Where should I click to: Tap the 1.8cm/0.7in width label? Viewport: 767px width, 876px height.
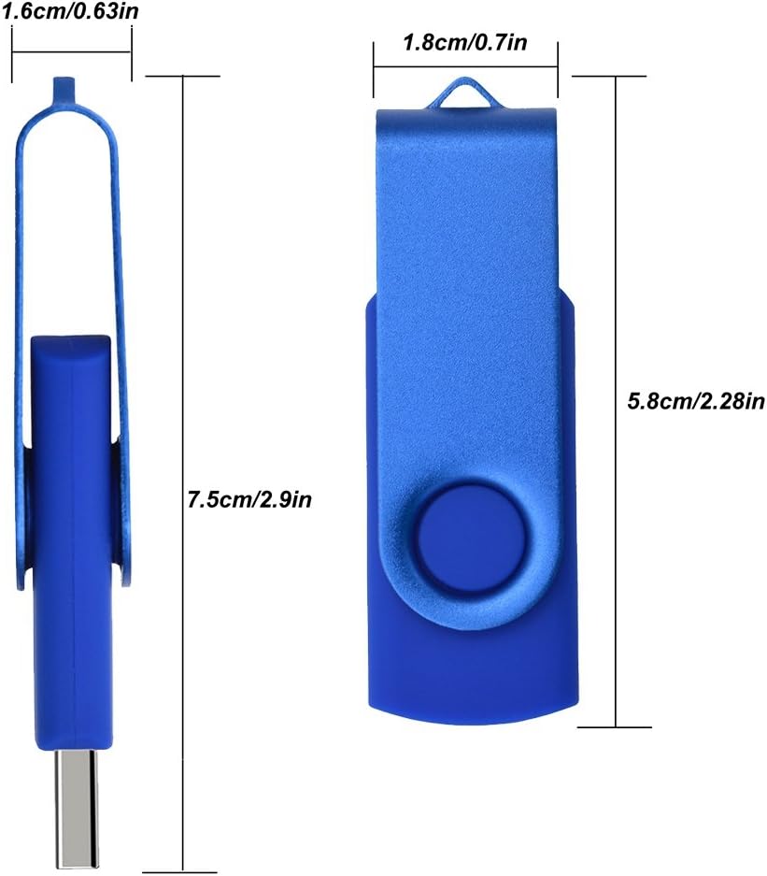[463, 42]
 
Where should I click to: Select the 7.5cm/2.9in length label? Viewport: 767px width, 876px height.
[249, 498]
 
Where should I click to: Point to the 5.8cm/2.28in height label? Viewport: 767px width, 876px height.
[696, 402]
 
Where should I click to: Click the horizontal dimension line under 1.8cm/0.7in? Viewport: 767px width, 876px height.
[465, 67]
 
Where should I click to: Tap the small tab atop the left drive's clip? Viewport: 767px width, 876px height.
[64, 87]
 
